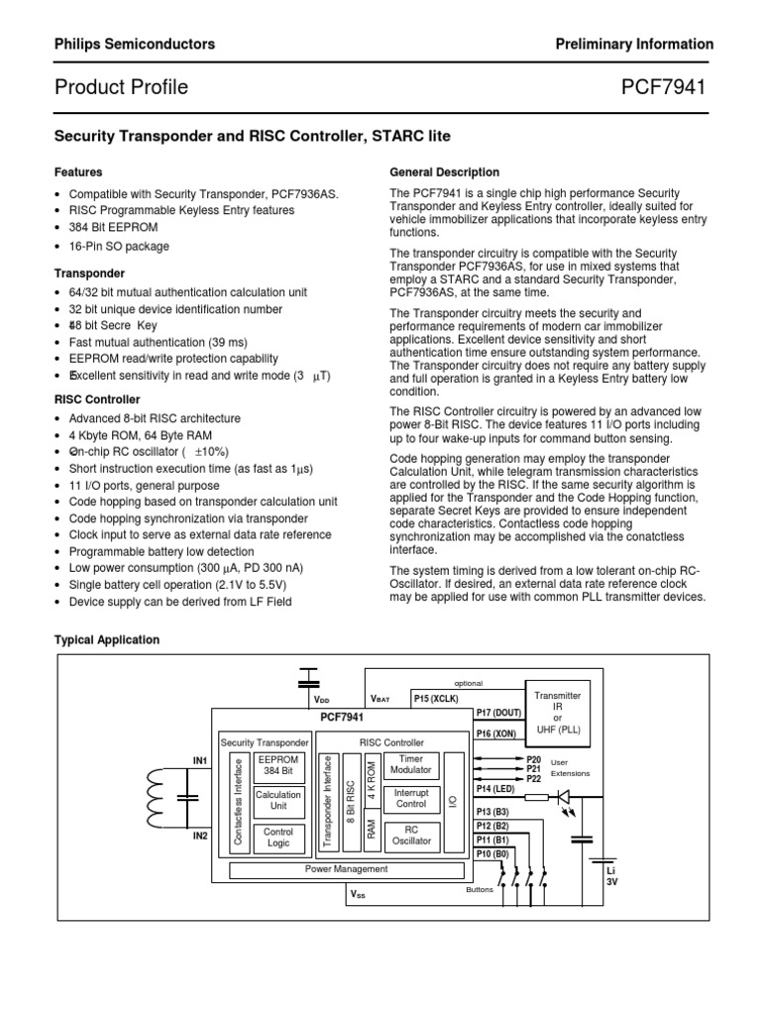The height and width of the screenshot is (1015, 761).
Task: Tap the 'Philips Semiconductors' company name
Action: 134,45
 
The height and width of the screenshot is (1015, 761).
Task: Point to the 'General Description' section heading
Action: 445,171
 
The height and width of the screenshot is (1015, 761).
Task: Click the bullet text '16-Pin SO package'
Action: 119,246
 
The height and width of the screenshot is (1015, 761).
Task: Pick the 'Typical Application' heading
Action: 106,640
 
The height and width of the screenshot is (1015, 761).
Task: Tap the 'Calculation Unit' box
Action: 277,801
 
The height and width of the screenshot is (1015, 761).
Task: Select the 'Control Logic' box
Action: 277,838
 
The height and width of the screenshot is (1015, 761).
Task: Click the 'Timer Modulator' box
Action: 411,764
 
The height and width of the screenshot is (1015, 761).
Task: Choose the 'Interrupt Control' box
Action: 411,800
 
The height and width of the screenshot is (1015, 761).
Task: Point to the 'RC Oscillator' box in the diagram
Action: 411,836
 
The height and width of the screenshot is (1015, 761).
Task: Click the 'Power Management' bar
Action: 346,869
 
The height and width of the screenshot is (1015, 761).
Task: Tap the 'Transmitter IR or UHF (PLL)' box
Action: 557,713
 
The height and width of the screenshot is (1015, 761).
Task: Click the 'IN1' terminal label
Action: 199,760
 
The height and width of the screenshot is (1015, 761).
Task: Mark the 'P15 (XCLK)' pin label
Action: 437,698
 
